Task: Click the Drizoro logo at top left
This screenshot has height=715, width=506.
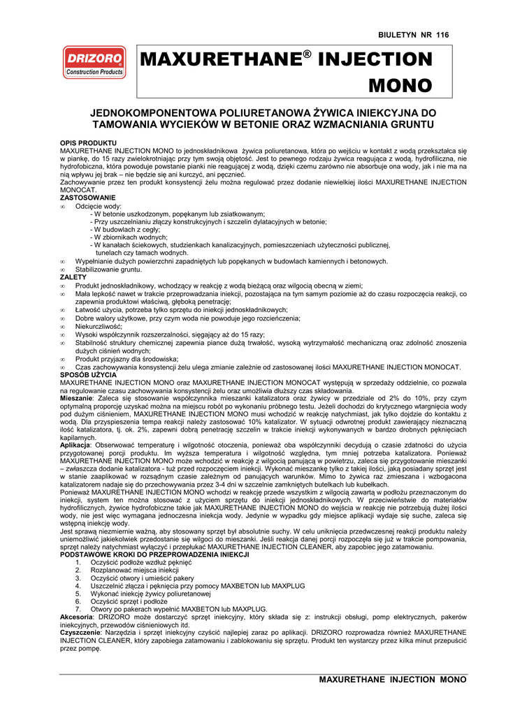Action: point(94,62)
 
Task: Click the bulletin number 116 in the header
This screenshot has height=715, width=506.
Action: point(442,35)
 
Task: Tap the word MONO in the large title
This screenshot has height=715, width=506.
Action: point(400,86)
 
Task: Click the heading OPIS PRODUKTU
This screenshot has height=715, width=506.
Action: point(88,142)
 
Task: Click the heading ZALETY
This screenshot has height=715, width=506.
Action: point(73,277)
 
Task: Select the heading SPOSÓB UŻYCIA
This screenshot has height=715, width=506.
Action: point(89,375)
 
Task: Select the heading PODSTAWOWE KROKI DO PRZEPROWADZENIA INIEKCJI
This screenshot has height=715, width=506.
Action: point(155,554)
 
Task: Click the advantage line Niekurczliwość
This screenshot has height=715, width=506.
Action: point(99,326)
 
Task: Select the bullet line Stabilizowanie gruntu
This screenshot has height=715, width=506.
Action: point(108,270)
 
